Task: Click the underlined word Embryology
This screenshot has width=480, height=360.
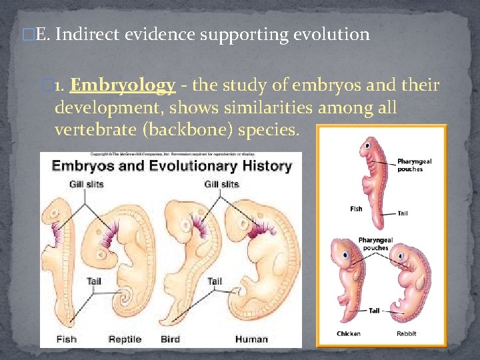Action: click(122, 85)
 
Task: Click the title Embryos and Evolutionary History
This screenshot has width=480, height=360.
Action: click(171, 166)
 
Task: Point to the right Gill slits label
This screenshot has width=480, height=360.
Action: click(221, 184)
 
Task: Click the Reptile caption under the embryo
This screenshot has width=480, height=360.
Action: click(125, 339)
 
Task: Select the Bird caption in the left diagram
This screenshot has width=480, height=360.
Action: click(170, 339)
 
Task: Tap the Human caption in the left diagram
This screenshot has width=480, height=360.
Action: click(251, 339)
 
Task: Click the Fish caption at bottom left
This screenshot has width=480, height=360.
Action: click(66, 339)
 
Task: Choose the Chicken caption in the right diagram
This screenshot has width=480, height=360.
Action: click(349, 333)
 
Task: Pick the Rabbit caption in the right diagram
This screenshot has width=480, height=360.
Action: click(407, 333)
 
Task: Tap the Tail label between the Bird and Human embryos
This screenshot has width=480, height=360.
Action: click(215, 281)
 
